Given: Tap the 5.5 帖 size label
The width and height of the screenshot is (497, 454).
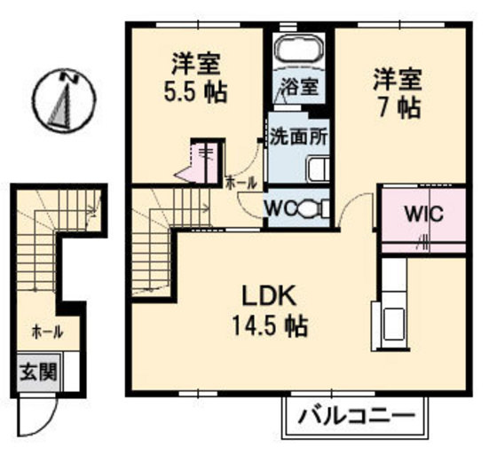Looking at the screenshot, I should [x=194, y=91].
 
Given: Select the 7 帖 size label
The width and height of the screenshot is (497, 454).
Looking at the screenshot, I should [x=396, y=108].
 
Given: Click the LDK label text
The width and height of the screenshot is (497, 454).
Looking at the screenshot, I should [x=264, y=297].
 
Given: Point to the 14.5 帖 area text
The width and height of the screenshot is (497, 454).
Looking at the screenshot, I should [x=271, y=327].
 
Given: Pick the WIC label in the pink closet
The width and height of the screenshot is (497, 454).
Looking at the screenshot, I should [x=422, y=215].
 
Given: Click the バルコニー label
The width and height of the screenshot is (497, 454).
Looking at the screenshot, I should [x=357, y=414].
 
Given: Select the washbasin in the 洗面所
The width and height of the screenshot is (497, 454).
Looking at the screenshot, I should [x=317, y=167].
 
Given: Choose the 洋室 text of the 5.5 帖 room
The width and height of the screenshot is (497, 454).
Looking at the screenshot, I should [x=194, y=64].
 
